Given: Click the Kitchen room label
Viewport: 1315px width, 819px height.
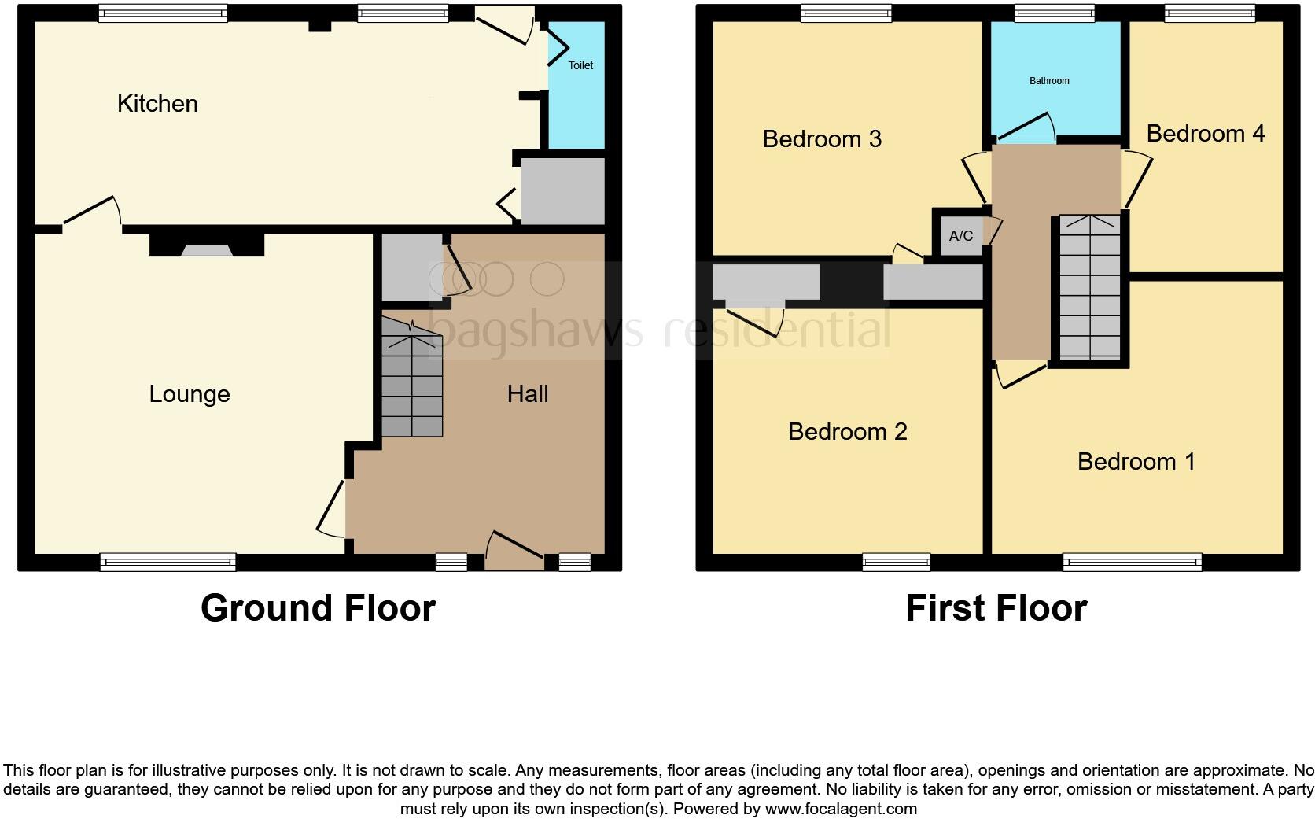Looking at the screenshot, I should click(157, 104).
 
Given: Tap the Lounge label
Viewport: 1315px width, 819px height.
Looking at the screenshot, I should click(190, 394).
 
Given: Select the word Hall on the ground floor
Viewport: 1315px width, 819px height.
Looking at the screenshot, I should click(527, 394).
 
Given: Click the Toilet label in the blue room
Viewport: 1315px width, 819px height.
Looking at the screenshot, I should click(580, 65).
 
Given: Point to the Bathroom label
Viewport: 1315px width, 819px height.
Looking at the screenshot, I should click(1049, 81).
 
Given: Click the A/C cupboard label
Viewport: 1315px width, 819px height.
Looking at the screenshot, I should click(960, 236).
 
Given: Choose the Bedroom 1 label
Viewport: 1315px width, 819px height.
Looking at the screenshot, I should click(1136, 462).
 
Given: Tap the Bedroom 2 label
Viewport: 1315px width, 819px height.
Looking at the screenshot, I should click(847, 432).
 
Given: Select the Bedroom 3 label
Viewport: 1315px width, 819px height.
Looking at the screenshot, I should click(822, 139).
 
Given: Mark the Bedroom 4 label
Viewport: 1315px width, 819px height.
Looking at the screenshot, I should click(1205, 134).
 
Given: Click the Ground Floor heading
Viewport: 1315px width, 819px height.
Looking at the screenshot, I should click(318, 608).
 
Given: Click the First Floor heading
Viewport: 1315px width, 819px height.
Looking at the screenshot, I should click(996, 608).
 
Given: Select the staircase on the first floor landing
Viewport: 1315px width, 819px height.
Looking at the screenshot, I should click(1089, 287).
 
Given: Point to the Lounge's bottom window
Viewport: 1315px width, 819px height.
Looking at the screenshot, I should click(168, 562).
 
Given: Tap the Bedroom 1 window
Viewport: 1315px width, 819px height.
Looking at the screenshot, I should click(1132, 562).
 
